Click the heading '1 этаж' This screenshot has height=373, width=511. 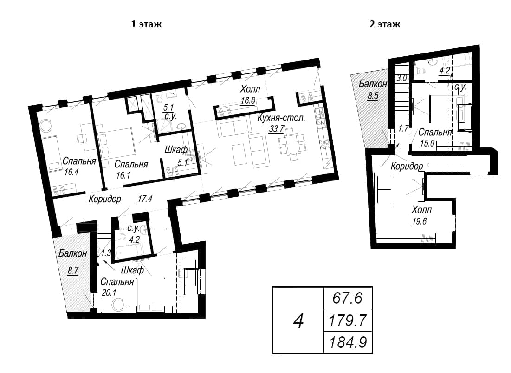[146, 25]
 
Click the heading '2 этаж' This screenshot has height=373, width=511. [385, 25]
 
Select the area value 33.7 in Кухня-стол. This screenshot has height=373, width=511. [276, 129]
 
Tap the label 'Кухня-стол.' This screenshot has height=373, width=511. [281, 118]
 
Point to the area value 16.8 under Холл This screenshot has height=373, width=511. [248, 100]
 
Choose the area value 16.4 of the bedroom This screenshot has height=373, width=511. [71, 172]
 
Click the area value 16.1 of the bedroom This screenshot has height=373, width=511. [123, 175]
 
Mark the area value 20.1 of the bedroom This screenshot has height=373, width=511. [109, 293]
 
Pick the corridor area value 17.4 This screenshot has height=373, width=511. [145, 199]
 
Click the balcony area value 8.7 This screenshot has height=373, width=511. [73, 270]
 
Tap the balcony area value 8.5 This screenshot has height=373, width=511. [373, 96]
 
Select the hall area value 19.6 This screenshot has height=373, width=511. [419, 221]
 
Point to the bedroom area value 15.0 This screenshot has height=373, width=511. [427, 143]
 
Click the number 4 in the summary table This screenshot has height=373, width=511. [298, 321]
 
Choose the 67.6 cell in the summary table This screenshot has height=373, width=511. [348, 298]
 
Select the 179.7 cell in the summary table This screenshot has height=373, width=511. [348, 320]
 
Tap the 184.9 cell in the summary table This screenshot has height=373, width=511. [348, 343]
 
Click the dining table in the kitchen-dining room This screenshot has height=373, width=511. [292, 144]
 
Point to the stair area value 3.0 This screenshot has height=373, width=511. [401, 79]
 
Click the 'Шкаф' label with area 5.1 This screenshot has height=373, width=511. [176, 150]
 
